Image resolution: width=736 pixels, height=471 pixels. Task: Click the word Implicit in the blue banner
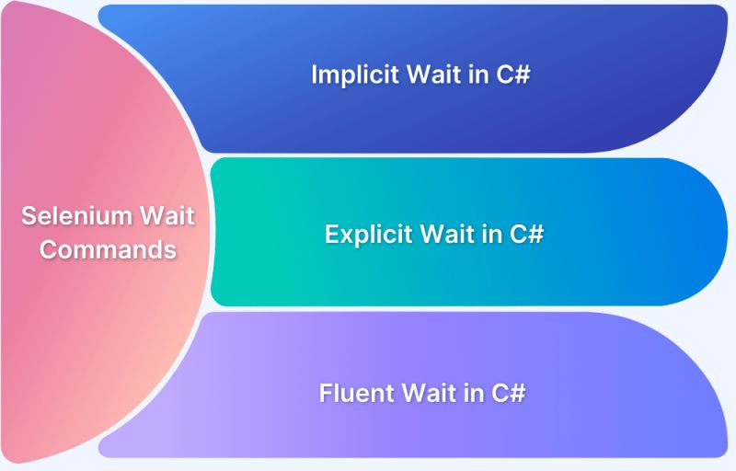(350, 75)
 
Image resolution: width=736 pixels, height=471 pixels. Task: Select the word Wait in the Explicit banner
(447, 234)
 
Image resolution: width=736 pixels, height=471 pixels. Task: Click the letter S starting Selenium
(29, 216)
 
